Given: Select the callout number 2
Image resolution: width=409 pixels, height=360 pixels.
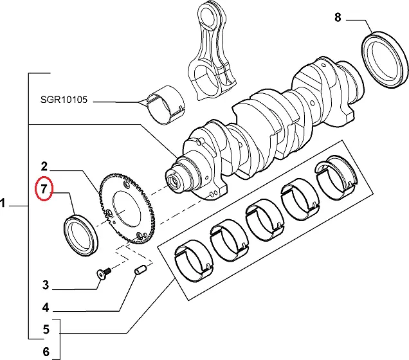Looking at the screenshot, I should click(x=44, y=166).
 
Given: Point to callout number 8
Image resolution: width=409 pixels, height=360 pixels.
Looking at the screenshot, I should click(x=338, y=17).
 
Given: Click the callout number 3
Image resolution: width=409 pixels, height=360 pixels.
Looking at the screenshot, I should click(x=46, y=285).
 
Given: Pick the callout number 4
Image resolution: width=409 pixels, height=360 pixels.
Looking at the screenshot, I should click(x=46, y=307).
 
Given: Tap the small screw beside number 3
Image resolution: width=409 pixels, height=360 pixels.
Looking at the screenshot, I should click(x=104, y=274).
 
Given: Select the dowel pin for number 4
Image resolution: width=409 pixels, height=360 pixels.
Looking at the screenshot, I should click(x=139, y=273).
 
